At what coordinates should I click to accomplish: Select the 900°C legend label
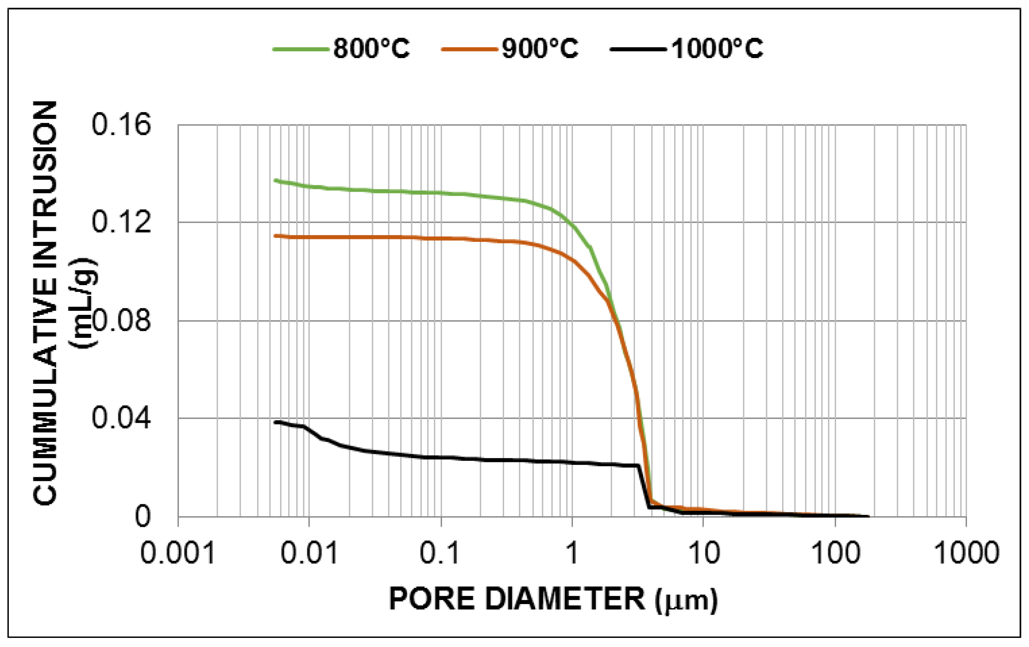click(540, 48)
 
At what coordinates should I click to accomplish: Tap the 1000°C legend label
click(717, 48)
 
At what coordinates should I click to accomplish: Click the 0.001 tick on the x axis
click(177, 553)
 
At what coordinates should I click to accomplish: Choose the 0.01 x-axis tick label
click(309, 553)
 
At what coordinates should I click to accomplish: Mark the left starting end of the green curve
click(276, 181)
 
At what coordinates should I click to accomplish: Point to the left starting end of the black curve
click(276, 422)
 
